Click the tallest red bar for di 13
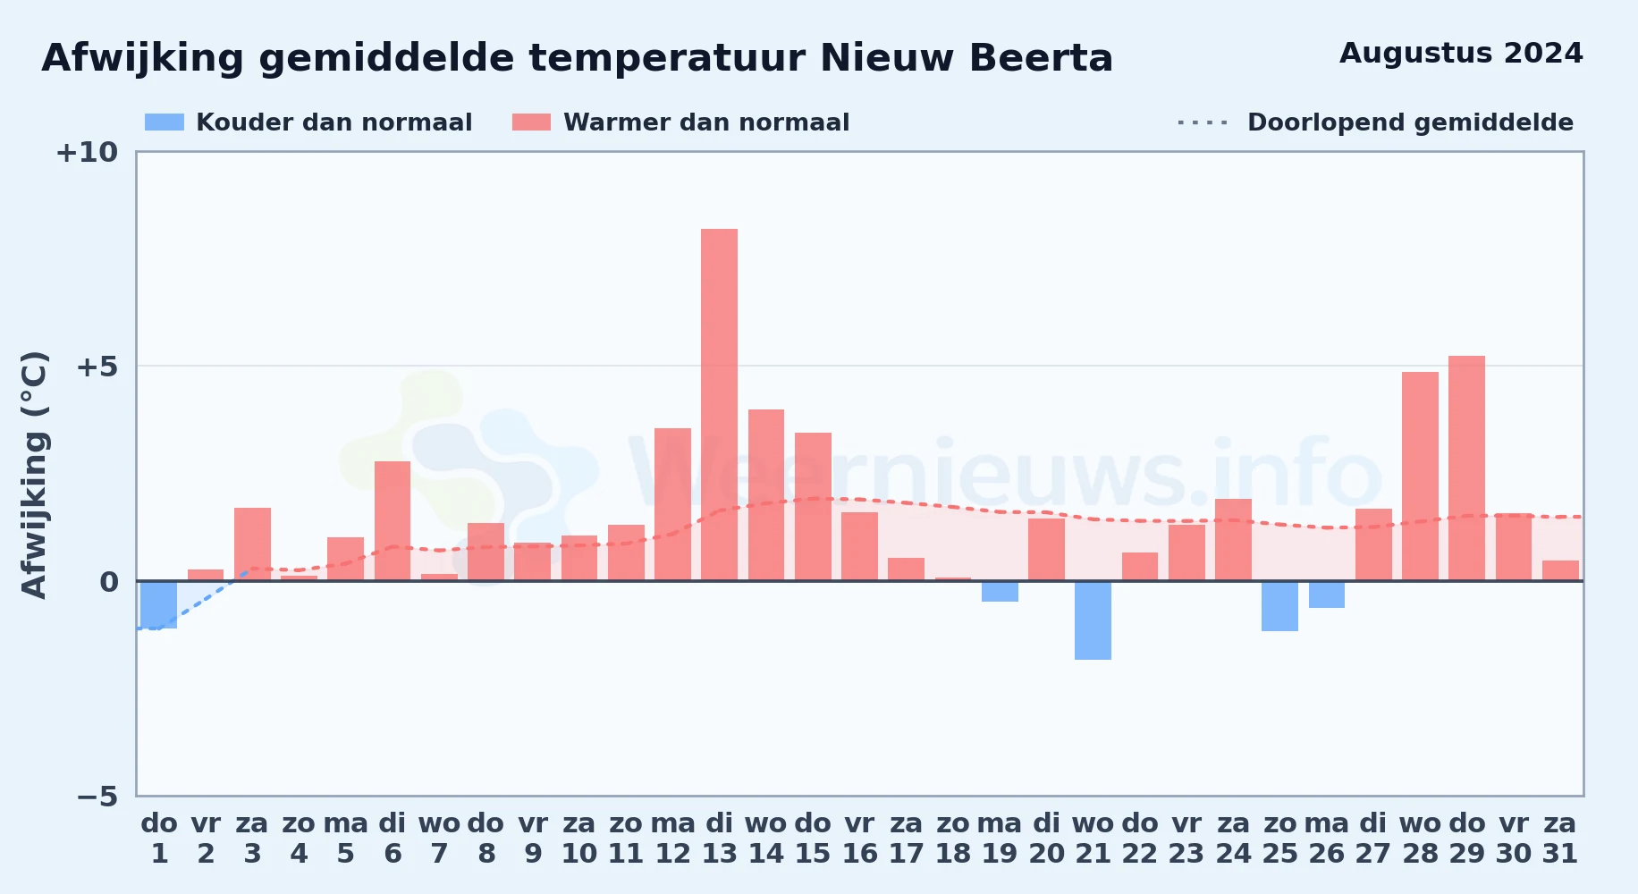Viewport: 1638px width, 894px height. tap(720, 405)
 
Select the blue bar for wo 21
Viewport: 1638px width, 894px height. tap(1093, 620)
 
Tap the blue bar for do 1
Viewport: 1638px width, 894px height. tap(159, 604)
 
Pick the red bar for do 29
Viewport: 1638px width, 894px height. tap(1467, 468)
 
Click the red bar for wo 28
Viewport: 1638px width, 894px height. tap(1421, 477)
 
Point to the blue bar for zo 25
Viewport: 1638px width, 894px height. tap(1280, 606)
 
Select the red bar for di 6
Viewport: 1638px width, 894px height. tap(393, 521)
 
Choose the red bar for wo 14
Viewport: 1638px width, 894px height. tap(766, 495)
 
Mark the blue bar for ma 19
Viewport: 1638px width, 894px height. tap(1000, 591)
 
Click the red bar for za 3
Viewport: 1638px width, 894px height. tap(252, 544)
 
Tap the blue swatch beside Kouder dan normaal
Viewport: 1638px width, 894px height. tap(165, 122)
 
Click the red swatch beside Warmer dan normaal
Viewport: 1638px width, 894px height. tap(532, 122)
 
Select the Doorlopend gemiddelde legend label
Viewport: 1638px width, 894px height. tap(1410, 122)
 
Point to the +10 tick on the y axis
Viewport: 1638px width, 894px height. tap(87, 152)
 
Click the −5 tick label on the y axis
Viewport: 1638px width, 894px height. tap(97, 796)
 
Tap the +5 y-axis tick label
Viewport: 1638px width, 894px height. tap(97, 367)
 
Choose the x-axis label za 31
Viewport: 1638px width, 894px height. tap(1560, 839)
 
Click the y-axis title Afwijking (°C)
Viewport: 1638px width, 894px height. tap(34, 474)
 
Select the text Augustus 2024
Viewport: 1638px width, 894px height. tap(1461, 54)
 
